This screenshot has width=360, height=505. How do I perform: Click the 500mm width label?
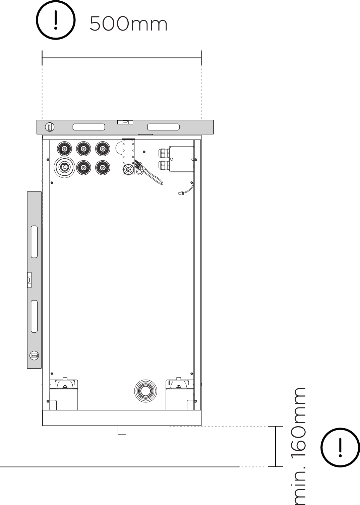click(128, 24)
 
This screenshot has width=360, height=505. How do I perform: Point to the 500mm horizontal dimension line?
click(121, 58)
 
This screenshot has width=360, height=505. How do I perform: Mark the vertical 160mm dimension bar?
click(276, 446)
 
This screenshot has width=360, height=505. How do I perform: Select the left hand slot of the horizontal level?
click(89, 127)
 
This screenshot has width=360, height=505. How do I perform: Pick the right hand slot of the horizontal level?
click(163, 127)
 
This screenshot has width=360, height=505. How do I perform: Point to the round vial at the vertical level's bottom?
click(34, 355)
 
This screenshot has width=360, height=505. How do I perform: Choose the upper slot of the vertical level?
click(34, 242)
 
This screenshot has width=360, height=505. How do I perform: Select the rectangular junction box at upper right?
click(181, 159)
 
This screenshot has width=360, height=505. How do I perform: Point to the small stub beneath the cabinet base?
click(122, 430)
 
